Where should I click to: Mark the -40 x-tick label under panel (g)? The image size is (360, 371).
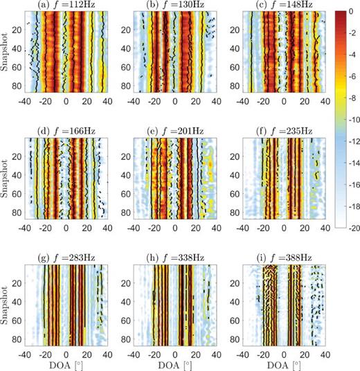pos(25,354)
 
